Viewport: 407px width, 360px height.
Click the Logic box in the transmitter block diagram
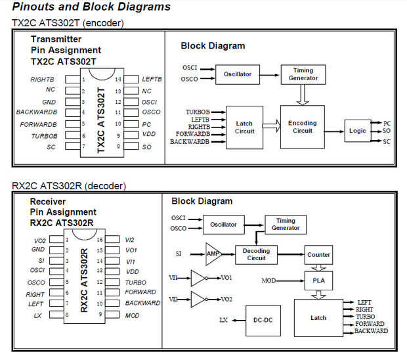pos(358,131)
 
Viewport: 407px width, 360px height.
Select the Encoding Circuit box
pos(302,126)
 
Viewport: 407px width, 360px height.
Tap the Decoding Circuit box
pos(256,254)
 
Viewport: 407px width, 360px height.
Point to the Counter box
pos(319,254)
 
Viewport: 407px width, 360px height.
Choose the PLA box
pos(319,281)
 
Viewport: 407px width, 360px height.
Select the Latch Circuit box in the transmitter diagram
pos(244,127)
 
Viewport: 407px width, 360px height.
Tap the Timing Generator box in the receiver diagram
pos(285,225)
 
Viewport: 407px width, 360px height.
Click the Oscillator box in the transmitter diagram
pos(238,74)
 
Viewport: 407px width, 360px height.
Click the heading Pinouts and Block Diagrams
pos(91,7)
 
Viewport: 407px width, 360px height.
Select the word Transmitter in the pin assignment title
pos(56,39)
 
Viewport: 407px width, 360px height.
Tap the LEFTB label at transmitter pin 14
pos(152,79)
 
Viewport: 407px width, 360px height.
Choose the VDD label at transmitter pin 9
pos(149,135)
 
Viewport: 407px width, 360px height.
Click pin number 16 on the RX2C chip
pos(98,240)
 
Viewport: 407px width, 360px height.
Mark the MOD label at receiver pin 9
pos(133,315)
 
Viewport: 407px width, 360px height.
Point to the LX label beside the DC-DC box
pos(223,320)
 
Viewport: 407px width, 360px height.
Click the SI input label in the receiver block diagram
pos(179,252)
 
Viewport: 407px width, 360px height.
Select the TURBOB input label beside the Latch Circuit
pos(198,112)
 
